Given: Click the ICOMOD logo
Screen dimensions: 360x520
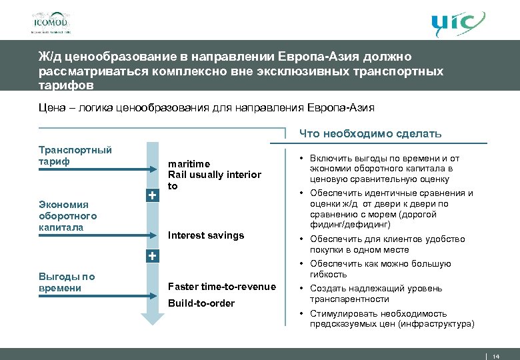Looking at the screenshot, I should tap(50, 22).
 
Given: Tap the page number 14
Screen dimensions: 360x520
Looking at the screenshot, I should tap(495, 355).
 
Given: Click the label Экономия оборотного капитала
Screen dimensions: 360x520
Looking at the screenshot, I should tap(67, 216).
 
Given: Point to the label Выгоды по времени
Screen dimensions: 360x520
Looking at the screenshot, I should tap(66, 282).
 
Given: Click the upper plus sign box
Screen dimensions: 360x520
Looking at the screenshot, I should tap(153, 195).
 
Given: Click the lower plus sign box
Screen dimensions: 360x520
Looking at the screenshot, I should tap(153, 256).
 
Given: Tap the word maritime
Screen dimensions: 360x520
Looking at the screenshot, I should tap(189, 164).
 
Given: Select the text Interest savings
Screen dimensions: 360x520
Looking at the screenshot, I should tap(206, 235).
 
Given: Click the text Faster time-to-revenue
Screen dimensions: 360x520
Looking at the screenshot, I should tap(221, 287).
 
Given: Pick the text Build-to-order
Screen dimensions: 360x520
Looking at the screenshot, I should tap(201, 303).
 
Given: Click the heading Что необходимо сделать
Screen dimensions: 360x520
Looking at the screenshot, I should tap(370, 133).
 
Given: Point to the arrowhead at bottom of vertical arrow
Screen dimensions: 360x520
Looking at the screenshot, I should tap(153, 318).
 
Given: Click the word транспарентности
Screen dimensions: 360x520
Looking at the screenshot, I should tap(349, 299).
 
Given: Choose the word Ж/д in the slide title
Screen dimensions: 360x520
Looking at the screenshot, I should tap(48, 59).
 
